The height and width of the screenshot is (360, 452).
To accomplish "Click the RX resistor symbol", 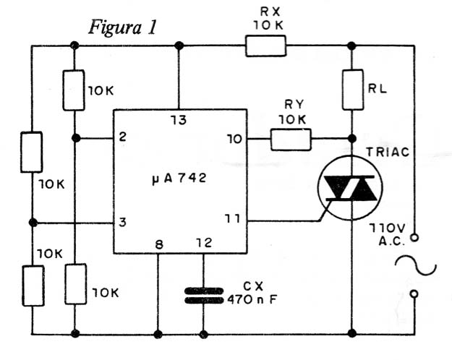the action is point(266,46).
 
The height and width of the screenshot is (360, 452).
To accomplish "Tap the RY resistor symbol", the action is point(291,140).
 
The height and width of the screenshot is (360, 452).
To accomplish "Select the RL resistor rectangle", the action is point(352,90).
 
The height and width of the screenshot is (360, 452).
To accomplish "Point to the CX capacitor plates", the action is point(204,296).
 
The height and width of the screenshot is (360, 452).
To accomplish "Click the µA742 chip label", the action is point(179,179).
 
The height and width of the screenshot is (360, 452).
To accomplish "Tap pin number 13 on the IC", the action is point(178,120).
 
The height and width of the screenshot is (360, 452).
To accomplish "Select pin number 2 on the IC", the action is point(123,137).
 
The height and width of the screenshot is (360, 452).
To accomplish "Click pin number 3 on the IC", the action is point(122,222).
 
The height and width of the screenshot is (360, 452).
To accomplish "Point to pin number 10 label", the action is point(234,140).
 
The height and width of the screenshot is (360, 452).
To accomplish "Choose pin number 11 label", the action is point(232,219).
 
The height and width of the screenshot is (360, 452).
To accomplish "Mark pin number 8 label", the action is point(159,245).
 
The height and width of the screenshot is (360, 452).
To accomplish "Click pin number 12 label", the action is point(204,243).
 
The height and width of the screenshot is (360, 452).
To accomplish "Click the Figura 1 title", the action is point(123,27).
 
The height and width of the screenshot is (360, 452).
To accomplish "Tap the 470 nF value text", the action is point(252,300).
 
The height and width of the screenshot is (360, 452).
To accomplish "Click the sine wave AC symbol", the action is point(416,265).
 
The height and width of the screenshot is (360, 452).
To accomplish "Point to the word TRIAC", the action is point(388,152).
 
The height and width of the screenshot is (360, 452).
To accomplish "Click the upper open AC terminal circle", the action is point(414,238).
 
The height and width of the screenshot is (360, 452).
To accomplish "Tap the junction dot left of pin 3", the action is point(33,223).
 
